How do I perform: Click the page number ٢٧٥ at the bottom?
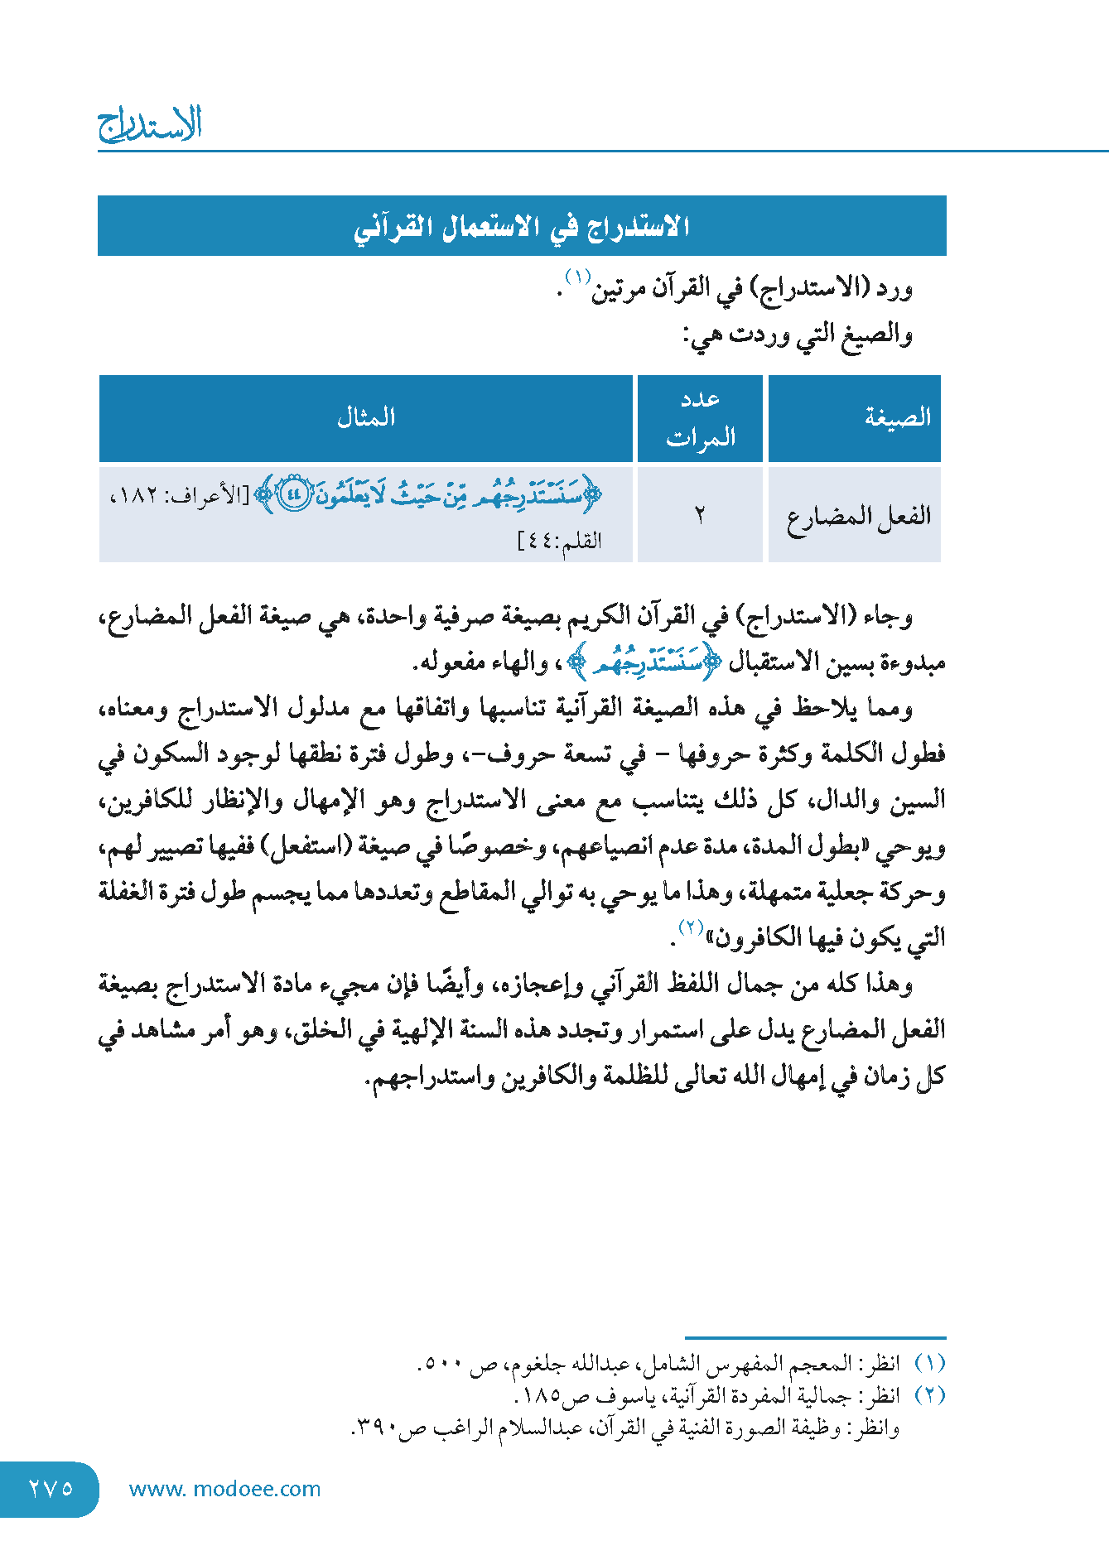click(x=51, y=1488)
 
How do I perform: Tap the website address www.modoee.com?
click(x=224, y=1489)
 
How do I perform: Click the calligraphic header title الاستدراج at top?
click(x=151, y=124)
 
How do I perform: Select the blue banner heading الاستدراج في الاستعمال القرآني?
click(x=522, y=226)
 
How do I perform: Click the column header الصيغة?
click(x=897, y=417)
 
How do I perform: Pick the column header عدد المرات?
click(x=701, y=418)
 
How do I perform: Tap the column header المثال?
click(x=366, y=417)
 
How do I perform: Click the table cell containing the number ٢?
click(x=700, y=516)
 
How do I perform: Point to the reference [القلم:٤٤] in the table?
click(x=560, y=542)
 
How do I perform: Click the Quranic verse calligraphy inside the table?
click(x=429, y=495)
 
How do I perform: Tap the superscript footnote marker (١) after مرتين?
click(x=577, y=276)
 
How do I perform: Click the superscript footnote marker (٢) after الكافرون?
click(x=691, y=926)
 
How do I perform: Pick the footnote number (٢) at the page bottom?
click(x=929, y=1395)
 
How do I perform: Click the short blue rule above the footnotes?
click(x=815, y=1337)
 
